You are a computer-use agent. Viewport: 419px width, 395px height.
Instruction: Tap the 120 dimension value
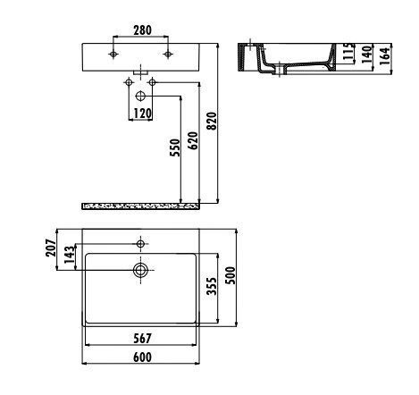[141, 113]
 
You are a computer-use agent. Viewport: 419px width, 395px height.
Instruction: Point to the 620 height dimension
[192, 141]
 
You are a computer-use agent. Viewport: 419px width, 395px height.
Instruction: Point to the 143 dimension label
[69, 256]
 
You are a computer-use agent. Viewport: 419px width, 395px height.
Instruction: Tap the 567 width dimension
[140, 339]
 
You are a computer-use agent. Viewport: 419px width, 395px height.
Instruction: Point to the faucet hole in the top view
[140, 242]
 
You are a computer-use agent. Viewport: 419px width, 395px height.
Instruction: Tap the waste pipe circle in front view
[141, 95]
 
